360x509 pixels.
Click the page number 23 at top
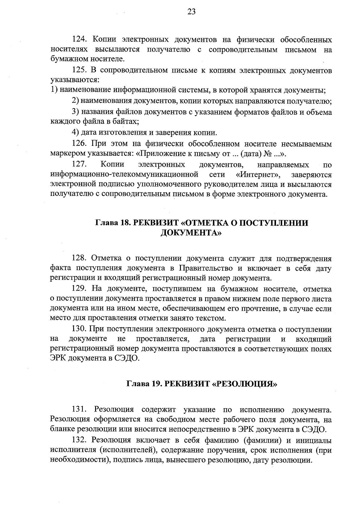pyautogui.click(x=192, y=12)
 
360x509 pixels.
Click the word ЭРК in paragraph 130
pyautogui.click(x=58, y=358)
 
